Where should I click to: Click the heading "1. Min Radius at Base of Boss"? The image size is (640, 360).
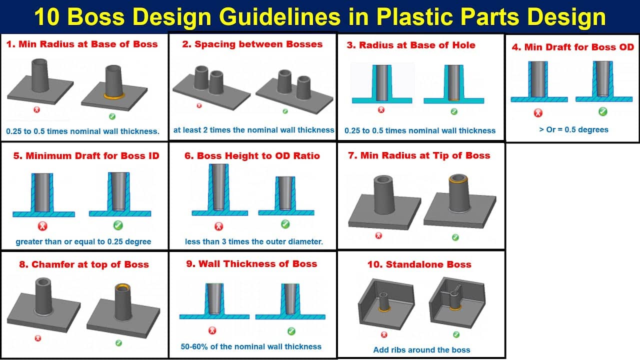[81, 44]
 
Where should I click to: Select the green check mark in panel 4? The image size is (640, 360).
[603, 111]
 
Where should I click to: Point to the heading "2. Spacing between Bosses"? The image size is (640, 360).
[252, 44]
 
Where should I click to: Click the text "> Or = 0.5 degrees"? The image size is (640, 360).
[573, 129]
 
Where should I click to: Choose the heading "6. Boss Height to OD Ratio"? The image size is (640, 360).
[252, 155]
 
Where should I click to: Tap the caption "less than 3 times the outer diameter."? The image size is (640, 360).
[254, 241]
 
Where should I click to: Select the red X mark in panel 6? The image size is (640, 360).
[218, 226]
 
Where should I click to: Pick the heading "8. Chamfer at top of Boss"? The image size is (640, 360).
[84, 264]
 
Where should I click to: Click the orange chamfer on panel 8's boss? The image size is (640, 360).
[122, 288]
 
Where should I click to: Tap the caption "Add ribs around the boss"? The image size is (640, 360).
[421, 349]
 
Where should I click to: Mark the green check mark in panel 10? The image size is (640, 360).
[456, 334]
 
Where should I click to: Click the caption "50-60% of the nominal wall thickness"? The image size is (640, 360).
[251, 346]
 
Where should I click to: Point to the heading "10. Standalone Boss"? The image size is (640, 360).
[419, 264]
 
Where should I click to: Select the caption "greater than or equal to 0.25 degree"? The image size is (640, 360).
[83, 241]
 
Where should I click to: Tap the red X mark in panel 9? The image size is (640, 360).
[212, 330]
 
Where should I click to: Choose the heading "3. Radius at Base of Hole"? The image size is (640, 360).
[410, 45]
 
